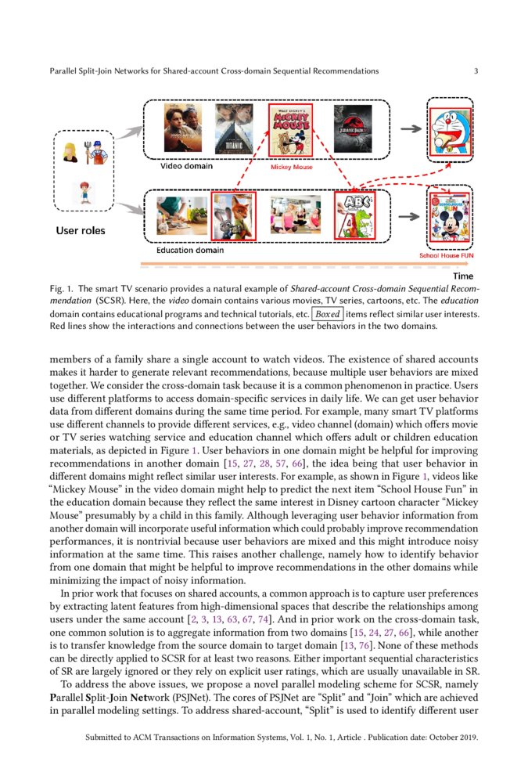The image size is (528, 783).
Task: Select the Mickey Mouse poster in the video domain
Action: pos(290,130)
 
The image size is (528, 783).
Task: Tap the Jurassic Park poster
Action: pos(353,129)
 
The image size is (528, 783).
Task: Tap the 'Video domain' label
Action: pos(186,166)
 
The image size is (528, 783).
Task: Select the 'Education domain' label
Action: pos(189,251)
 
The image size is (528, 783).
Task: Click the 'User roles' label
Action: pos(80,231)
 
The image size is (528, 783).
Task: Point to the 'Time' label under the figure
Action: pos(463,276)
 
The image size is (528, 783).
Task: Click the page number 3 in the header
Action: pos(476,71)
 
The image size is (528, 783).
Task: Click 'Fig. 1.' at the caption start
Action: pos(61,289)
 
